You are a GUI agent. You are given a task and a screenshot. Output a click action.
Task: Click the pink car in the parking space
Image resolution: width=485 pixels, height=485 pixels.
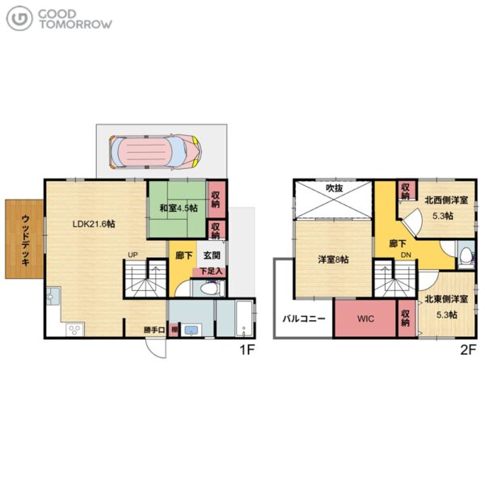155,151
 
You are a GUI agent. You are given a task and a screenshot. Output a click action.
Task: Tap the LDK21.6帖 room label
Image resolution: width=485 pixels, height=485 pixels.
94,224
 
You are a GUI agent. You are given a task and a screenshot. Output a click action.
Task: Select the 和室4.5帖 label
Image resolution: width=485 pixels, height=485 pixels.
179,208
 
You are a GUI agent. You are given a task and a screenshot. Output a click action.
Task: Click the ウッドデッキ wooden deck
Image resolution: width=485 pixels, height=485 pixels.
24,239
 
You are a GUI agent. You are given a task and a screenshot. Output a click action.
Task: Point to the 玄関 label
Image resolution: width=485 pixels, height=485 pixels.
212,255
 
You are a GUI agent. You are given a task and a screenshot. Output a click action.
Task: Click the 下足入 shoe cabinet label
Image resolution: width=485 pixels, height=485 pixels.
211,272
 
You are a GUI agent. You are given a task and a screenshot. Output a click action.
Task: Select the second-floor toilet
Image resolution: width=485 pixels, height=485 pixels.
466,255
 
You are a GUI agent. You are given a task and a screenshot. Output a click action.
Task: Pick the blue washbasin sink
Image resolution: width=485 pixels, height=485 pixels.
191,330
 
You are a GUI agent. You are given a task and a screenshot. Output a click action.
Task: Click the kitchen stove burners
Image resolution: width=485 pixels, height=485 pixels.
75,329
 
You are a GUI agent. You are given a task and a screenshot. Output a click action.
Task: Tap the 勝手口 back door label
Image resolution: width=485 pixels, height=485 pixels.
154,330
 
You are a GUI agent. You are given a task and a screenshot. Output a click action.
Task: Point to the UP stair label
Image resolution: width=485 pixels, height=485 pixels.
133,255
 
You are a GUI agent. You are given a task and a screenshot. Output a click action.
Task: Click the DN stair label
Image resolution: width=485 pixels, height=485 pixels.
406,255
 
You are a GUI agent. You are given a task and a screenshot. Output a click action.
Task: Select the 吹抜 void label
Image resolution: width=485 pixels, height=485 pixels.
335,188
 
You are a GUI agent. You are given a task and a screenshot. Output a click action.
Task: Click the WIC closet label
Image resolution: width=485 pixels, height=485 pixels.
365,318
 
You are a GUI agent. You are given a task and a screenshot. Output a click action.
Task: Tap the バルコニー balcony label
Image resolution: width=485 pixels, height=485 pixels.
304,318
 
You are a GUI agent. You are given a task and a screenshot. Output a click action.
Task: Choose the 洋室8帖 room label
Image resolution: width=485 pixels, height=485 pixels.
333,259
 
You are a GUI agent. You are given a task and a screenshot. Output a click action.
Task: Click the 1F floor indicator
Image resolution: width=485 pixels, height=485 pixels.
247,350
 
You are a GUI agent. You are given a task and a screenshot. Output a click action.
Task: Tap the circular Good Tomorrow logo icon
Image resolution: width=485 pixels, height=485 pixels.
19,19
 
